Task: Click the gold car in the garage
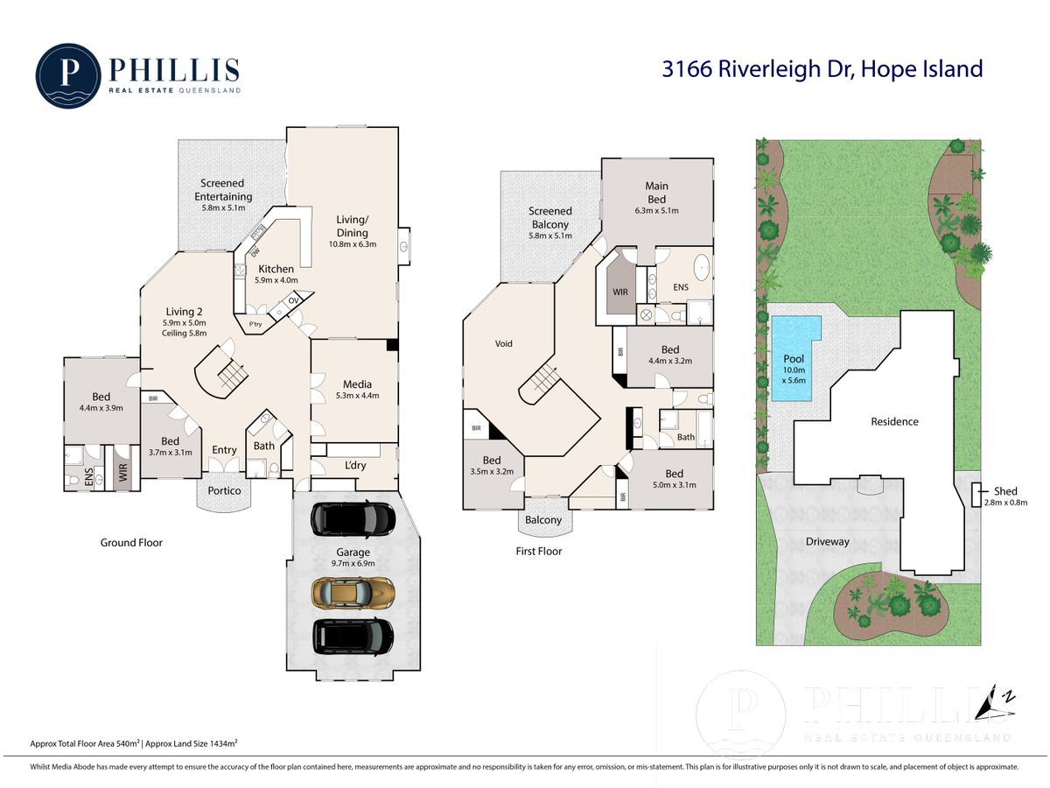(353, 594)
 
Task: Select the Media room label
(357, 384)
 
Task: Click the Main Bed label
(656, 193)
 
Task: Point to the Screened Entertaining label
(223, 190)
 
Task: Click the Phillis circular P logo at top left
(68, 75)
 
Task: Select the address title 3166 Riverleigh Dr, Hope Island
(822, 69)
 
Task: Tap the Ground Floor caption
(131, 543)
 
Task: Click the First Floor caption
(539, 552)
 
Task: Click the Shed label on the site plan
(1005, 491)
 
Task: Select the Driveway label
(828, 542)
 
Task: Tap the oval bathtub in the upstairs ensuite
(702, 266)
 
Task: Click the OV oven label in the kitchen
(293, 300)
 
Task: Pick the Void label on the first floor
(503, 343)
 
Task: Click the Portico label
(224, 490)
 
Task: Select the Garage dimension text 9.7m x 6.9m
(353, 563)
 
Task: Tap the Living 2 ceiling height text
(184, 333)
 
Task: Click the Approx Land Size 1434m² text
(192, 743)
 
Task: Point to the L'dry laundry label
(355, 465)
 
